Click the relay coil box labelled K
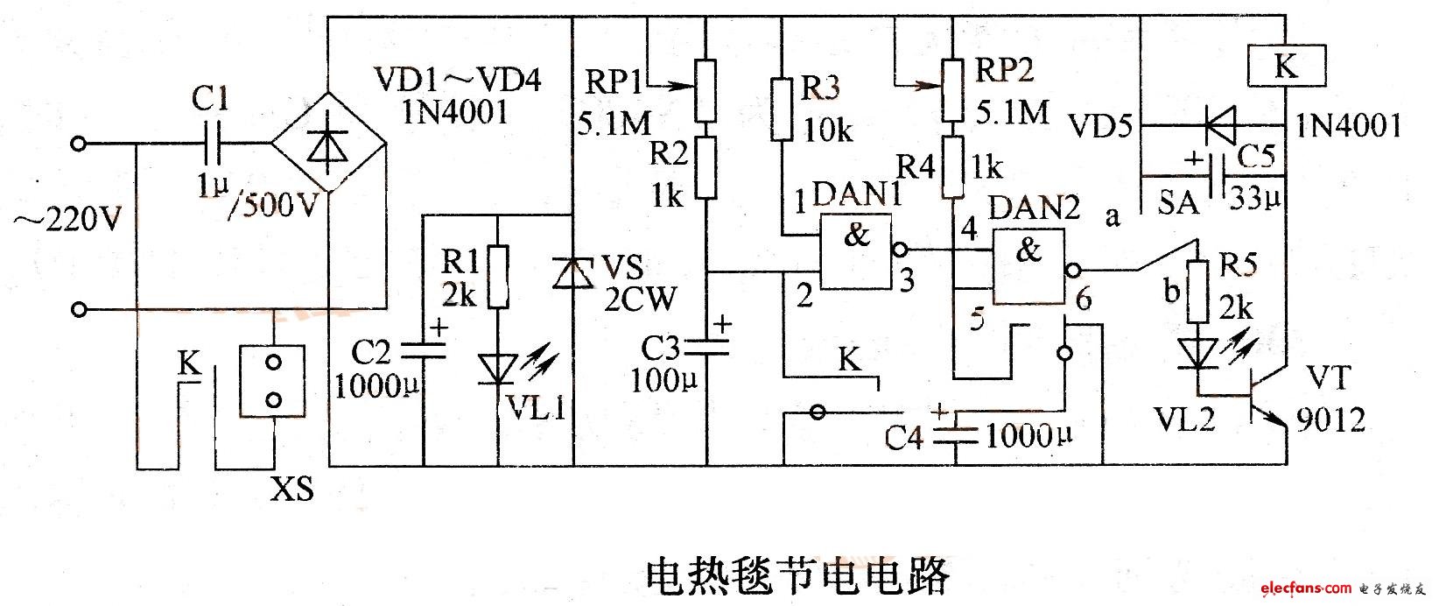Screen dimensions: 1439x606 [1286, 66]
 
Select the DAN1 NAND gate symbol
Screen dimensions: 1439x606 [855, 251]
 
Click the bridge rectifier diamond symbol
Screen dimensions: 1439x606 [328, 143]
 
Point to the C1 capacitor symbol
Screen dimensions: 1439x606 [211, 144]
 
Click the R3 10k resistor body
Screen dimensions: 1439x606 [781, 109]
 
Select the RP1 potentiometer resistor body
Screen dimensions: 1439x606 [705, 90]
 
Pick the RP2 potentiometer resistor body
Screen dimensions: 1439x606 [952, 90]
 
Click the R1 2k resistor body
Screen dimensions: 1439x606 [499, 277]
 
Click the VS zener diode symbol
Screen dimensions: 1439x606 [573, 273]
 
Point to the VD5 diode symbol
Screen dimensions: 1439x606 [1218, 125]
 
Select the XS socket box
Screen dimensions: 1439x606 [272, 382]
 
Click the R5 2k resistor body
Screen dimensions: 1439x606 [1197, 291]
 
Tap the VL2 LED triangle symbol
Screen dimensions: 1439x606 [1197, 354]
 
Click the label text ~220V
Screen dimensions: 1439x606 [67, 221]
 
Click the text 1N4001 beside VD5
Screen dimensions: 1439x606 [1348, 125]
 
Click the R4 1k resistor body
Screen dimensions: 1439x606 [952, 166]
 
